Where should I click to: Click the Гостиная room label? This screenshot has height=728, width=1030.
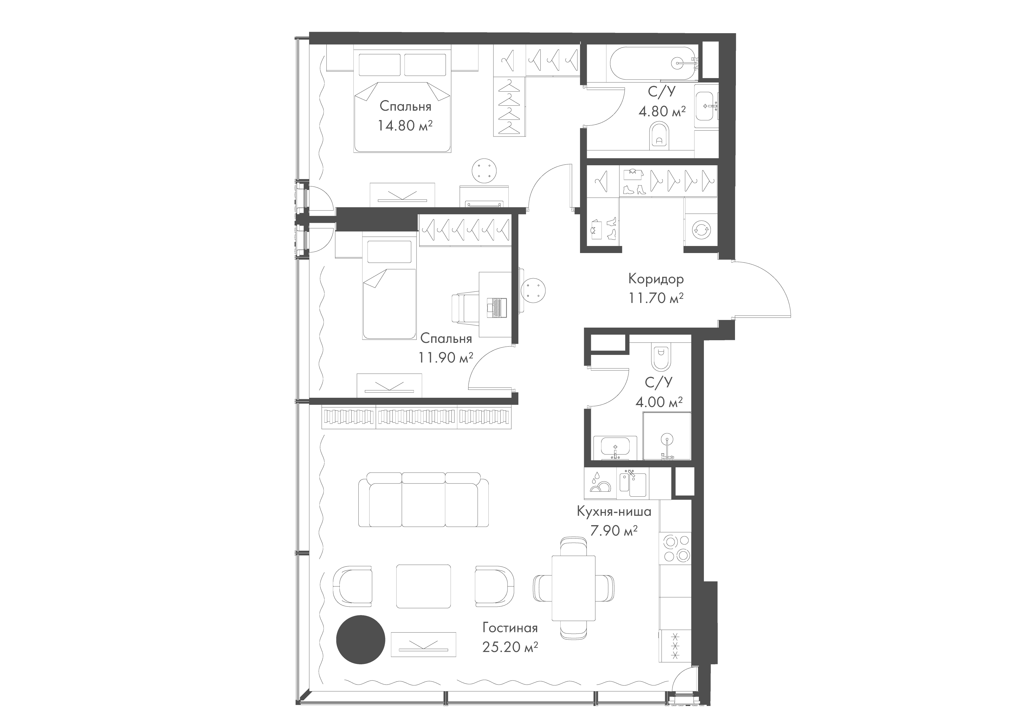coord(510,628)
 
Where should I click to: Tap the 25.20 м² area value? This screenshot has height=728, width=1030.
coord(510,647)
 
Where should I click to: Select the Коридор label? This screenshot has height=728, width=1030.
coord(656,279)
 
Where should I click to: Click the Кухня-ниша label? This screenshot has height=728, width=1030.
coord(614,511)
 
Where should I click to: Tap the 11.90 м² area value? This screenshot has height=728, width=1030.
coord(446,358)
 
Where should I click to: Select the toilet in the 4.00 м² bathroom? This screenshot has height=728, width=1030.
coord(660,356)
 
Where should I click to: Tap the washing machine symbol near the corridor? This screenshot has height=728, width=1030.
coord(700,229)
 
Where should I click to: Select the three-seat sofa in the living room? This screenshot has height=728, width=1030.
coord(424,499)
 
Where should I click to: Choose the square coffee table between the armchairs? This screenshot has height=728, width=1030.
coord(424,586)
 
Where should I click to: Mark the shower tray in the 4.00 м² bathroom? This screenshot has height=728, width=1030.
coord(667,436)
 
